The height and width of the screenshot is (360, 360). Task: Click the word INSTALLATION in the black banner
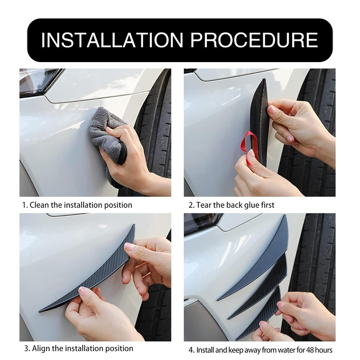[x=112, y=40]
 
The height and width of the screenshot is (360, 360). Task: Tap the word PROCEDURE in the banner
[x=254, y=40]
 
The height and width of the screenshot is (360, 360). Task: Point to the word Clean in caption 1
[x=40, y=205]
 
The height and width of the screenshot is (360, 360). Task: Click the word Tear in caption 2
[x=204, y=205]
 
